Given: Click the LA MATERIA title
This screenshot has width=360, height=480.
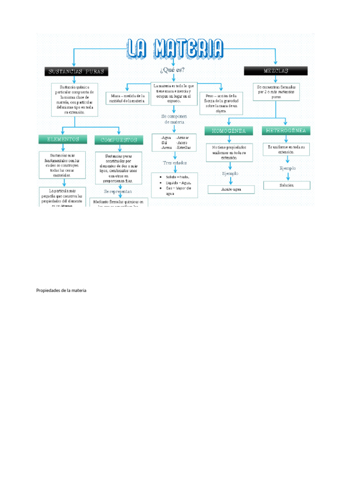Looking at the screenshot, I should point(174,49).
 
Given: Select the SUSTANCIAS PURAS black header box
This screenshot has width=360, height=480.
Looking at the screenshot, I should point(76,72).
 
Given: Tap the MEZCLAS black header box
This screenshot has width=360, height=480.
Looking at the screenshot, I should point(276,71).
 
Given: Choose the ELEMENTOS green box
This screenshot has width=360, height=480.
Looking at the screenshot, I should point(62,139).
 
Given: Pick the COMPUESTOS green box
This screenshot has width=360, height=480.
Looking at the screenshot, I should point(119,140).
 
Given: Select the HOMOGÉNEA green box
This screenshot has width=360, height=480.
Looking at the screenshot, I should point(228,131).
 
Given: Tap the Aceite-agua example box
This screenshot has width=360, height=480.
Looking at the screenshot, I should point(231,189).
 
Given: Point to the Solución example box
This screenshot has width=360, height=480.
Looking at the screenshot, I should point(287,185).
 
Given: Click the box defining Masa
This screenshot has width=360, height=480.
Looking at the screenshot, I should point(127,98).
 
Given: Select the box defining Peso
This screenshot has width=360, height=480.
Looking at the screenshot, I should point(221,103).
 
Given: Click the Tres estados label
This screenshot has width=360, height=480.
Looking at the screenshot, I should point(175,163).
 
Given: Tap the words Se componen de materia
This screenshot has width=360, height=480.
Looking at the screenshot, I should point(174,119).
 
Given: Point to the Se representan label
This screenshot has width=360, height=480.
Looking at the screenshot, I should point(118,192).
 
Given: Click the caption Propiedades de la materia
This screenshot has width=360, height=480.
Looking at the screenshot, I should point(61,291).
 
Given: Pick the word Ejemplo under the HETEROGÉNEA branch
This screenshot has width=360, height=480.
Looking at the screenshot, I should point(287,168).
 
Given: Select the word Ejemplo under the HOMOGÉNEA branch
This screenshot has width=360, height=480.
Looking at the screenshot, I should point(230,173).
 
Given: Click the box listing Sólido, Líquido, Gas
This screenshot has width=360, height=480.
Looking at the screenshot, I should point(175,185).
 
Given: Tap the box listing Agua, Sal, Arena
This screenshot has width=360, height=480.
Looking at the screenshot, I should point(174,142).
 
